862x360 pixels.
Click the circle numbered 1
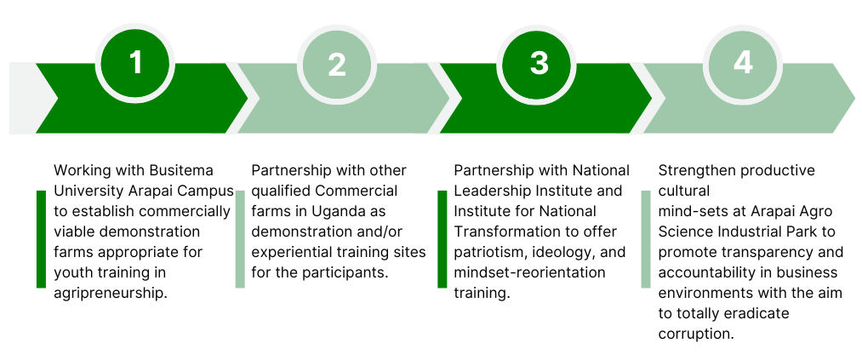pyautogui.click(x=135, y=63)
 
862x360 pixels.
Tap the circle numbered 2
pyautogui.click(x=337, y=64)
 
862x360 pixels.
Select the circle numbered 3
pyautogui.click(x=539, y=63)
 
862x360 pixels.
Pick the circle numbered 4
pyautogui.click(x=742, y=63)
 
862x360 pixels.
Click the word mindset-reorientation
pyautogui.click(x=529, y=272)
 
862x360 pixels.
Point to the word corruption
pyautogui.click(x=695, y=334)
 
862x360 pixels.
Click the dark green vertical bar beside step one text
pyautogui.click(x=41, y=239)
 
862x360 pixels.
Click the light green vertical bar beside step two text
pyautogui.click(x=240, y=239)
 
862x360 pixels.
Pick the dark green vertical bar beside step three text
pyautogui.click(x=442, y=239)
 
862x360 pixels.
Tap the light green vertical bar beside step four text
pyautogui.click(x=645, y=239)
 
